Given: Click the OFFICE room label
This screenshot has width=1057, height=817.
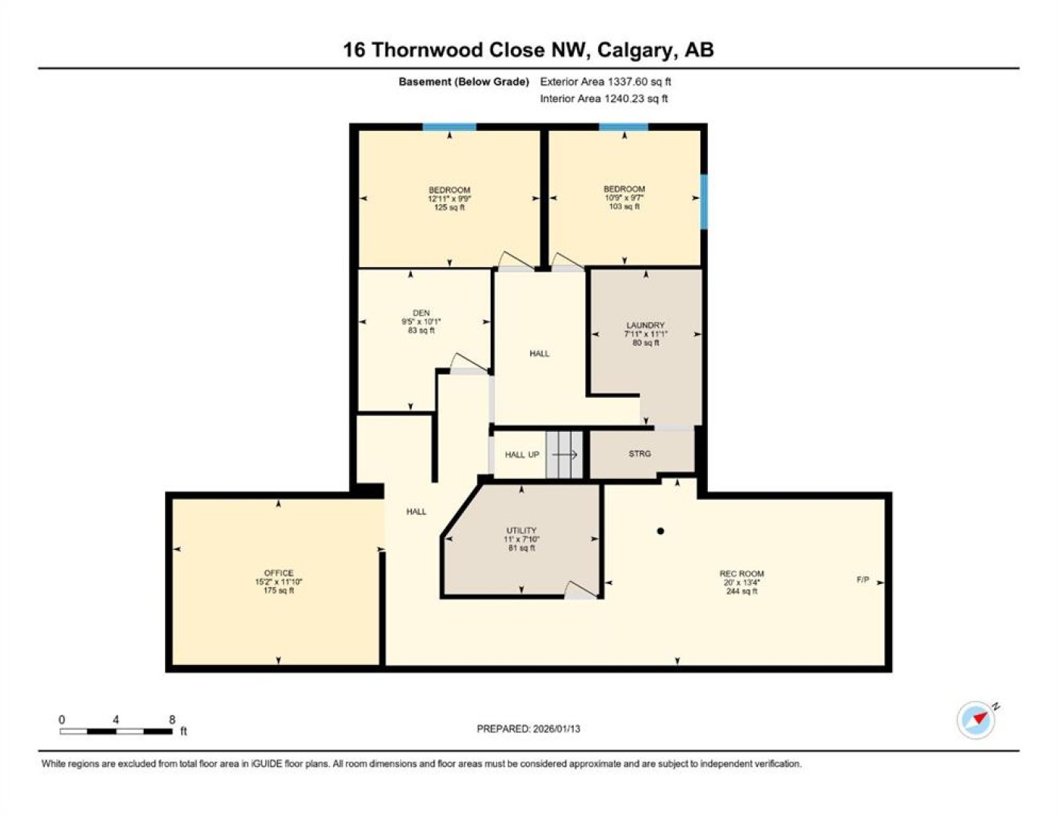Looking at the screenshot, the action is [x=279, y=573].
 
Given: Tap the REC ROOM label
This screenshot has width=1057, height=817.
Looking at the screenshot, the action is [x=742, y=573].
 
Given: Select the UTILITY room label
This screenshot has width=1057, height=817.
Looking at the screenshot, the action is [x=522, y=530].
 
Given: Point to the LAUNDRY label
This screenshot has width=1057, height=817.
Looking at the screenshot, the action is [x=646, y=325].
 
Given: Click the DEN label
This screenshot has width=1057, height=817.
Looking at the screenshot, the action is [x=421, y=313].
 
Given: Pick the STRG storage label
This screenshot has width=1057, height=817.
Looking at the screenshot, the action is [x=640, y=453].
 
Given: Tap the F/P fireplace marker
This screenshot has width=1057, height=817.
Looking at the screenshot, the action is [x=863, y=579].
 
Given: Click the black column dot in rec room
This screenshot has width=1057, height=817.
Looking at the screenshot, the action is [x=660, y=531].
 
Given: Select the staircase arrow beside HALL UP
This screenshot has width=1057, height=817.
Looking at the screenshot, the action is [x=565, y=455].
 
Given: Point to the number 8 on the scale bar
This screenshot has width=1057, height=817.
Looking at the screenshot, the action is [x=172, y=719].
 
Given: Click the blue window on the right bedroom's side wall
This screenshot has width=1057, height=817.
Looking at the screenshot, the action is [x=704, y=202].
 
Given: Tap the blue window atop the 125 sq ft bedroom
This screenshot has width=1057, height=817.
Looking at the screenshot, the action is [x=449, y=127].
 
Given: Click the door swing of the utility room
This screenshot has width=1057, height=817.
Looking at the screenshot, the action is [x=582, y=589].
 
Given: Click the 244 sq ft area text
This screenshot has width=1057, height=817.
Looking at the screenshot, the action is [x=742, y=591].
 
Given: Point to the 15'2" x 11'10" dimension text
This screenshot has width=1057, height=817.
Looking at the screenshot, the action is [x=279, y=581].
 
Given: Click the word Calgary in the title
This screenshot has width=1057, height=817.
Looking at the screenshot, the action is [x=633, y=50].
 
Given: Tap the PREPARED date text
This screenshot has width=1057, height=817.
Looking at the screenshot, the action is [x=528, y=728].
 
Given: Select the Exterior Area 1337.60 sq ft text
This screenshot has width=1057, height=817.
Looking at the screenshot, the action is [x=606, y=82].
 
